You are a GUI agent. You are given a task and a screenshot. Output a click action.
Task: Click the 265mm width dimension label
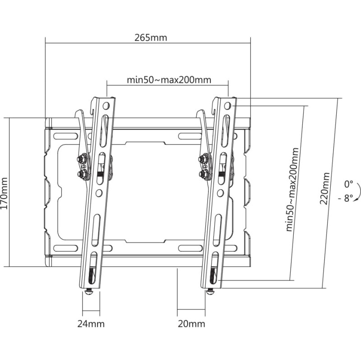click(151, 37)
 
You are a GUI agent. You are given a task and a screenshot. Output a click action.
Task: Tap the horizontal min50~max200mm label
click(169, 80)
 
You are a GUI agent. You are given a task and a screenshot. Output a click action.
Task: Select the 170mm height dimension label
click(4, 194)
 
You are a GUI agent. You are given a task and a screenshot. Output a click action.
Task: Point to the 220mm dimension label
click(324, 188)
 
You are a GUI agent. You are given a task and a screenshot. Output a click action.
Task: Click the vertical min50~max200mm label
click(292, 190)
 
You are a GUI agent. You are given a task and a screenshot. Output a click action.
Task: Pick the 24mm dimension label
click(91, 324)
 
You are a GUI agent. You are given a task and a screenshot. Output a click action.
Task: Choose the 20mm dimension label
click(191, 324)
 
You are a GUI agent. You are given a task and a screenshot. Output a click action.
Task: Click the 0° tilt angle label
click(348, 184)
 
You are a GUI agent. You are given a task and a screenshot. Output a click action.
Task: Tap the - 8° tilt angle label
click(346, 198)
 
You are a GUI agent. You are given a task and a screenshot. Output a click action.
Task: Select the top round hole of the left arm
click(106, 106)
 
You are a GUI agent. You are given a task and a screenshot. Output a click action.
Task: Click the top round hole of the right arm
click(227, 106)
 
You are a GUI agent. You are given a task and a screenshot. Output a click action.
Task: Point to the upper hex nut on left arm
click(81, 159)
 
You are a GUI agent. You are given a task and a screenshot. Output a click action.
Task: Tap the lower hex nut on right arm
click(203, 173)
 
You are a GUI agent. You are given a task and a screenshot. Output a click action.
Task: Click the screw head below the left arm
click(89, 292)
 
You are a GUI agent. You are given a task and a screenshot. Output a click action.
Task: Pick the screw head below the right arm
click(210, 292)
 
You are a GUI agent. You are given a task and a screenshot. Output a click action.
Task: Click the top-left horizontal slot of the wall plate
click(65, 136)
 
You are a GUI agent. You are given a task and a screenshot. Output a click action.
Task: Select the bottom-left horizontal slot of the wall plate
click(65, 248)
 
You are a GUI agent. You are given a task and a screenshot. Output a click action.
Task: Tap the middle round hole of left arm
click(99, 193)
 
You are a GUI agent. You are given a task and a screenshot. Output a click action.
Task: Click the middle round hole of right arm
click(220, 193)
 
